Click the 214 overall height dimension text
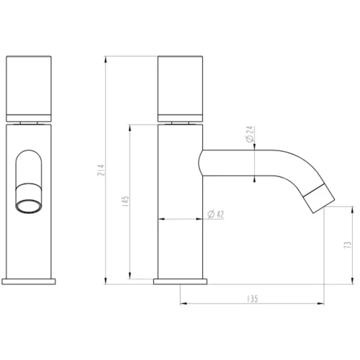tap(101, 170)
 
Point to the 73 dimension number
tap(348, 244)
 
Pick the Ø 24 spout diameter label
tap(249, 135)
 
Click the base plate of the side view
tap(181, 279)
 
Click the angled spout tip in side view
tap(317, 197)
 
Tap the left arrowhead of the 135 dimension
tap(182, 303)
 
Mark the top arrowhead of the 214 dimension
tap(106, 57)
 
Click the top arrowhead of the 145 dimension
tap(130, 125)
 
